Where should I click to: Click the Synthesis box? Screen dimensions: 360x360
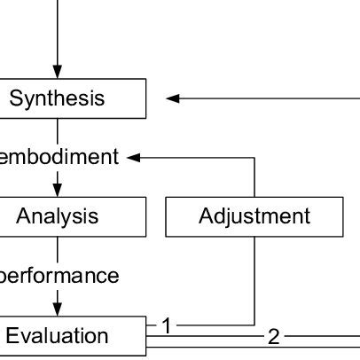(58, 98)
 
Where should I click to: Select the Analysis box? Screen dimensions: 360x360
(58, 216)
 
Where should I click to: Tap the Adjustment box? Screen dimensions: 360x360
(254, 216)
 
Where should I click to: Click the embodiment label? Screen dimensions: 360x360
(59, 157)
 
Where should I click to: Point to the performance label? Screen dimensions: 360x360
(59, 276)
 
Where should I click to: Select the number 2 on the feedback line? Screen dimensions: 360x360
(273, 336)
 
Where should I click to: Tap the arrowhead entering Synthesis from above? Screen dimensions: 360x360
(58, 72)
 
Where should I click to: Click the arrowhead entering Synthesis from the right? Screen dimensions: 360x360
(173, 98)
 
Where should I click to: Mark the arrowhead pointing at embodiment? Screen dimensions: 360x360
(134, 158)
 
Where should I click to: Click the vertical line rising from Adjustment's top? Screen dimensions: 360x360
(254, 177)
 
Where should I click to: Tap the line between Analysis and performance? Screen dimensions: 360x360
(58, 248)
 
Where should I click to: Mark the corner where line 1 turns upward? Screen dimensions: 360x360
(254, 325)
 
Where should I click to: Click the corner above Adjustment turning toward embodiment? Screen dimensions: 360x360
(254, 158)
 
